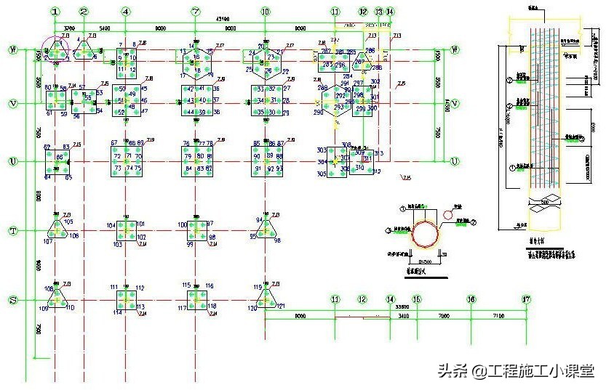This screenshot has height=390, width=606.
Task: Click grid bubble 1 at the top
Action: pos(55,12)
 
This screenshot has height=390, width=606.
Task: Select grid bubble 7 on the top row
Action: pos(195,12)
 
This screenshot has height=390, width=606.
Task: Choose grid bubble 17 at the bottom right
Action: pos(526,299)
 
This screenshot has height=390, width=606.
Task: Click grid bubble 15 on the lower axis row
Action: pos(416,299)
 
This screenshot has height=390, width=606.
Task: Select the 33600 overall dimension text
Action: pos(401,307)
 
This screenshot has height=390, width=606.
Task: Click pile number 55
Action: pos(88,97)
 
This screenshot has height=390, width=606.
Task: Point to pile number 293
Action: pos(338,107)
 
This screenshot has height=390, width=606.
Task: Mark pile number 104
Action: pos(111,226)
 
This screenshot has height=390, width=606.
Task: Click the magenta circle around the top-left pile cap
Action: pos(56,49)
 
